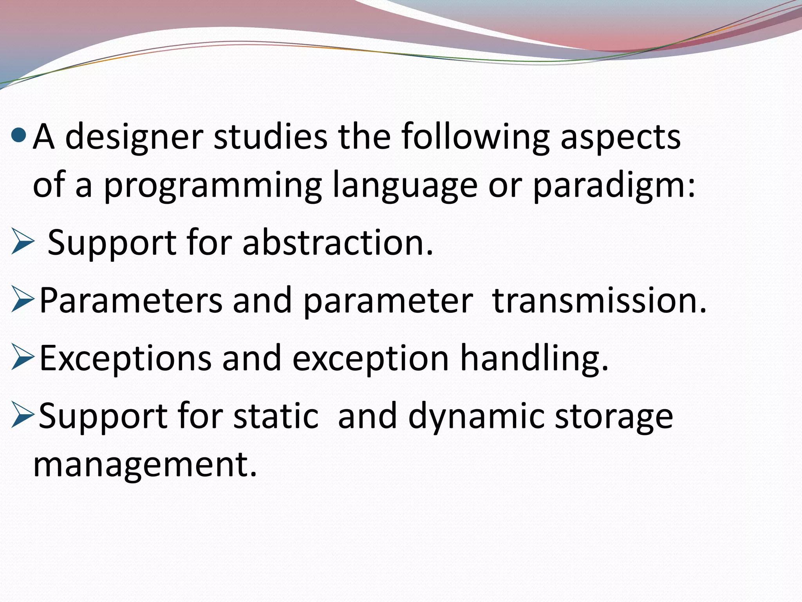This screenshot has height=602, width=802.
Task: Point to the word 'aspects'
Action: coord(621,138)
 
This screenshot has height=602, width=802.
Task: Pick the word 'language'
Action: coord(405,186)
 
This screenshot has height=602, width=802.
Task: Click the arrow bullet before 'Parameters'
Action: coord(23,299)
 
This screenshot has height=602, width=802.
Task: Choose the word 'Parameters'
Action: coord(131,300)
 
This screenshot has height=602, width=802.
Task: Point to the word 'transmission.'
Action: coord(599,300)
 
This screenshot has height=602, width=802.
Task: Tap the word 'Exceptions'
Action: coord(125,358)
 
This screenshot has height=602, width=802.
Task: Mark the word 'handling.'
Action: coord(534,358)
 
